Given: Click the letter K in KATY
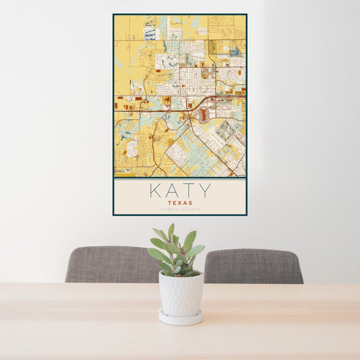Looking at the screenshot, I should pyautogui.click(x=154, y=191).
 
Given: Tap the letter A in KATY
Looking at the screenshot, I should pyautogui.click(x=172, y=191).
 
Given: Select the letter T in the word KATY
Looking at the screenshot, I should pyautogui.click(x=188, y=191).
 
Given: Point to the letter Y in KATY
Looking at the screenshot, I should pyautogui.click(x=205, y=191).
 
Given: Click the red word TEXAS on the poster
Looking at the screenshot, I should pyautogui.click(x=180, y=203).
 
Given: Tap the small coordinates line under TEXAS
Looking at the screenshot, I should pyautogui.click(x=180, y=209).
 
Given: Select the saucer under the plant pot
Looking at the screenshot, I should pyautogui.click(x=181, y=317).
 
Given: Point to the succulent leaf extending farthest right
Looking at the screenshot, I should pyautogui.click(x=196, y=250).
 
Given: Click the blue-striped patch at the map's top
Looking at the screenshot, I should pyautogui.click(x=149, y=32).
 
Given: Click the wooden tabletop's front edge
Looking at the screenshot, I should pyautogui.click(x=180, y=356).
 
